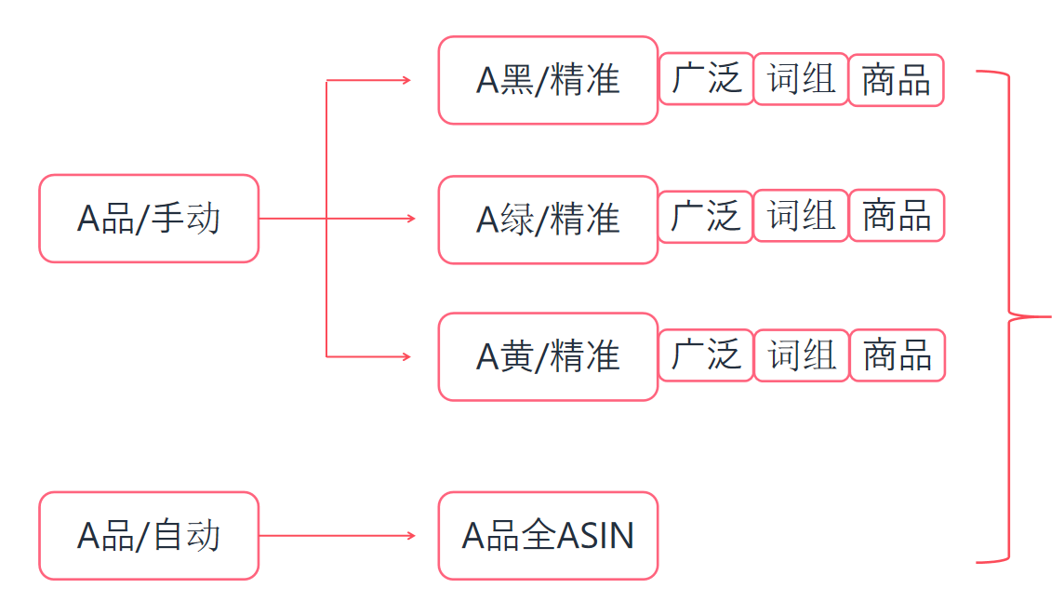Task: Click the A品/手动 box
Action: click(x=149, y=219)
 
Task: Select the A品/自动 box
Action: click(x=149, y=536)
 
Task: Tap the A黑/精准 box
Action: click(x=548, y=81)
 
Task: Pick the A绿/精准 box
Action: click(x=548, y=220)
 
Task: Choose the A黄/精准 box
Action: click(x=548, y=357)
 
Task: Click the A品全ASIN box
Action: click(x=548, y=536)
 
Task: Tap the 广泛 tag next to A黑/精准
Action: click(x=706, y=79)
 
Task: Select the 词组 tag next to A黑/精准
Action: click(x=801, y=79)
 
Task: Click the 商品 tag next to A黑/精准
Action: click(x=896, y=81)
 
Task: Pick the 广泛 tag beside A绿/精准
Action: click(x=705, y=217)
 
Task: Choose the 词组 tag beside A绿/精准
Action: click(x=801, y=216)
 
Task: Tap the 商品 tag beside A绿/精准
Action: click(x=897, y=216)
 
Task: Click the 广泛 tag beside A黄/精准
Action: click(x=706, y=355)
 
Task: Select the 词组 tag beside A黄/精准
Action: click(x=802, y=355)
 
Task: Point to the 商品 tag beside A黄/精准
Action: click(x=898, y=355)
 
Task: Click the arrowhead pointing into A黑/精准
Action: click(x=406, y=81)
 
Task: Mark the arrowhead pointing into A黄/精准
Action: click(x=406, y=356)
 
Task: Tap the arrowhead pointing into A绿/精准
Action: click(x=410, y=219)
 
